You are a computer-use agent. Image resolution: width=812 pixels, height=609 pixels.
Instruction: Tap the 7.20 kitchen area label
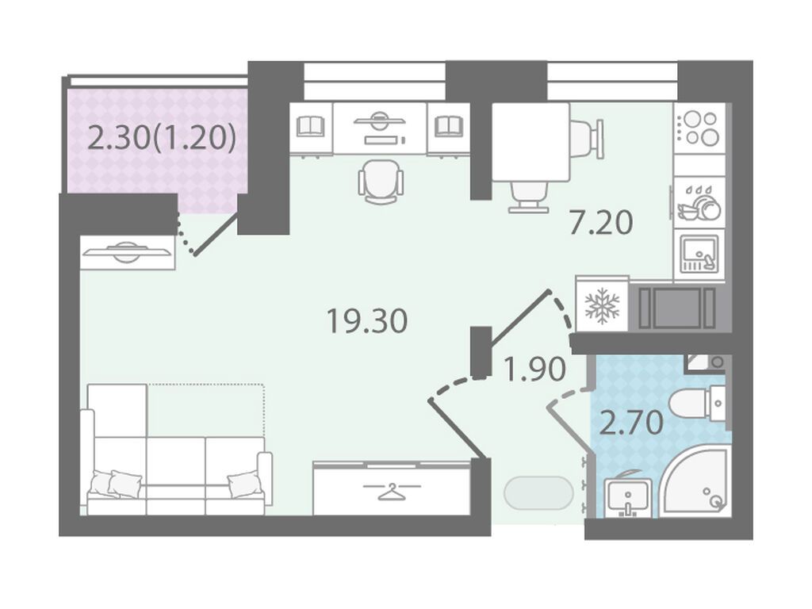point(601,223)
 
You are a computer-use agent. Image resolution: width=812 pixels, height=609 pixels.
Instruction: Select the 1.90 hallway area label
point(534,370)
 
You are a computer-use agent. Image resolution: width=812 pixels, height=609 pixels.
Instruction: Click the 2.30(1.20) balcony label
point(162,138)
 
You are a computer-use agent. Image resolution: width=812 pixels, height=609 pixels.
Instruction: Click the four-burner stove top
point(699,128)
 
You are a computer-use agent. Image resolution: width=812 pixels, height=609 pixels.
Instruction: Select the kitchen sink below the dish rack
point(699,255)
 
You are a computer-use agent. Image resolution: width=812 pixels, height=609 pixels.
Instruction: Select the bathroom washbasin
point(626,496)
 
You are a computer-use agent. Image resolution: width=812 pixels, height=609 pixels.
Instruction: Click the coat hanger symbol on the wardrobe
point(392,490)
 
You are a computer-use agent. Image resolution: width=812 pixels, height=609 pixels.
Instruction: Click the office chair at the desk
point(381,182)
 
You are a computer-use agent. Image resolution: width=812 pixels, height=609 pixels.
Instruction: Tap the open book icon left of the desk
point(311,127)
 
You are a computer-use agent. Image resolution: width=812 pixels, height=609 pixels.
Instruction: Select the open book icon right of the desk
point(449,127)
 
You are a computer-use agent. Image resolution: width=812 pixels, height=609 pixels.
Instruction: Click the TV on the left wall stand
point(128,252)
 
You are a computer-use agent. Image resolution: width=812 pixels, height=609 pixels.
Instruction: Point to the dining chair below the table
point(528,197)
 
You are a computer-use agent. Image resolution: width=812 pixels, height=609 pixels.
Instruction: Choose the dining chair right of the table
point(588,139)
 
